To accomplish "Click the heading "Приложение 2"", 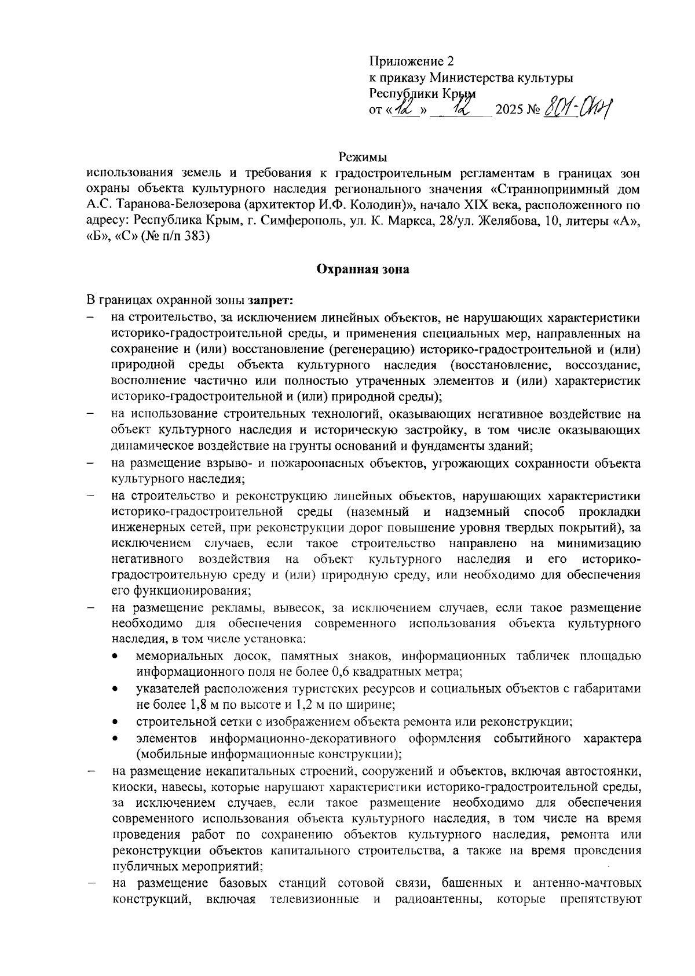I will click(412, 61).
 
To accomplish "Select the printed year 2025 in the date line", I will click(510, 110).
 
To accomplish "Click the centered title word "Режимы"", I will click(363, 157).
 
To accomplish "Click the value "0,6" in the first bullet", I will click(343, 672).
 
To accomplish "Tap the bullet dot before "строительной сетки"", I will click(116, 722).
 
